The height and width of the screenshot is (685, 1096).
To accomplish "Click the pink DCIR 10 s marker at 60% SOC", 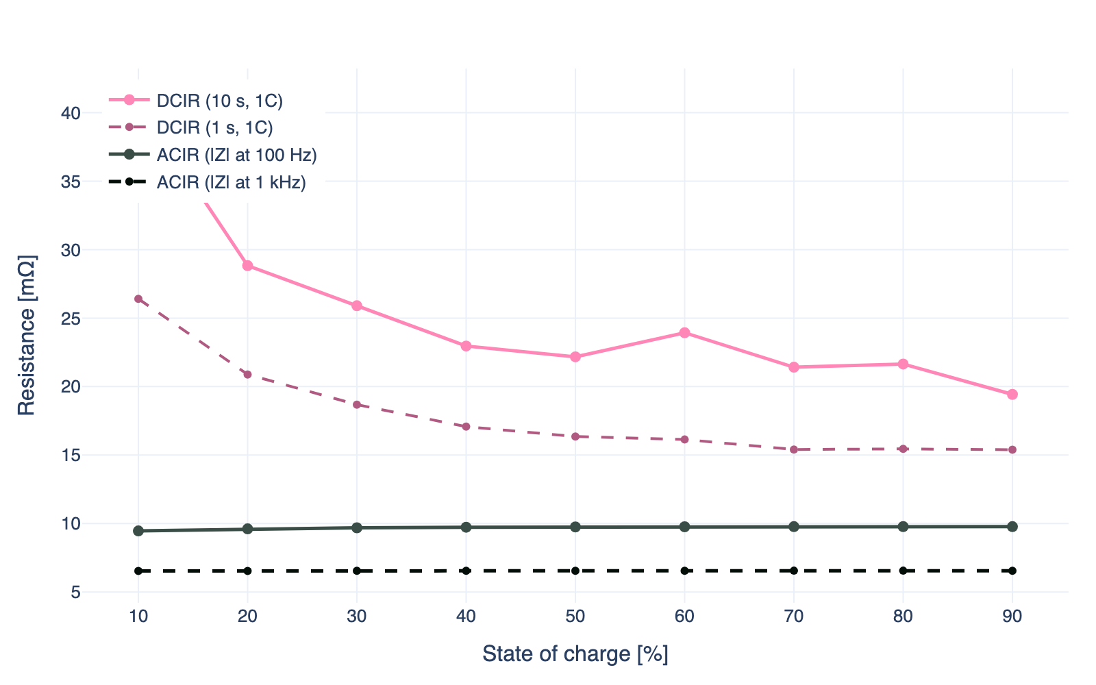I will (684, 333).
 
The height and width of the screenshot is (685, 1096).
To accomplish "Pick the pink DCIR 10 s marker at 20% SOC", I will (247, 266).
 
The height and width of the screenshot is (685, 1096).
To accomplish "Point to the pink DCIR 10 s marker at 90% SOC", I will (1012, 395).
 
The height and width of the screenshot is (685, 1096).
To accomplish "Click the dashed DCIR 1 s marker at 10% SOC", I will (138, 299).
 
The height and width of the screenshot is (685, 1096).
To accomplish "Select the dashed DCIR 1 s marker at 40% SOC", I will (466, 427).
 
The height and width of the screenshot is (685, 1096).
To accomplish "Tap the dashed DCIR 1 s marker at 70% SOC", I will (794, 449).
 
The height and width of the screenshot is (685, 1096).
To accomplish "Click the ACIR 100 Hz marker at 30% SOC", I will (357, 527).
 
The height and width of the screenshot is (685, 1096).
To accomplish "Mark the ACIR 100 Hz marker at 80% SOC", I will (903, 526).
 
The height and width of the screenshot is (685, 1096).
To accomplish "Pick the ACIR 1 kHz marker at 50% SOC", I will (575, 571).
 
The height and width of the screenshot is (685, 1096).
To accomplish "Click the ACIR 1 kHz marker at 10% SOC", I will (138, 571).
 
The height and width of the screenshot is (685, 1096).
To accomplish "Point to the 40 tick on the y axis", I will (71, 113).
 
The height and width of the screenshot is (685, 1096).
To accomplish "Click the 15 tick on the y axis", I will (71, 455).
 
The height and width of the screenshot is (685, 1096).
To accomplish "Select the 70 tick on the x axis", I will (794, 616).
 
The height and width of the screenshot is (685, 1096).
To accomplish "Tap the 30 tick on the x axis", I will (357, 616).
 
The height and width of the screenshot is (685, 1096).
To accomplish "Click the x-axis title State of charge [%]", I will (575, 654).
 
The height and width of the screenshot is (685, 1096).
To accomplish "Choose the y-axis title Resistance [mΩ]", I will (27, 335).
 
